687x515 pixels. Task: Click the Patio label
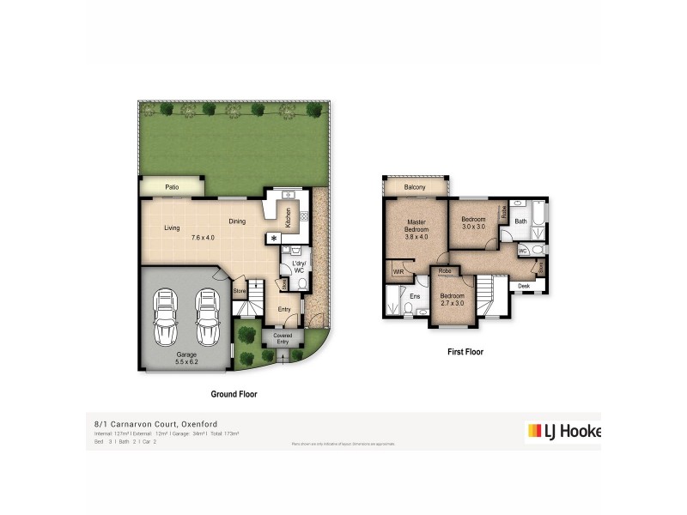coord(171,185)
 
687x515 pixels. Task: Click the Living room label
coord(172,227)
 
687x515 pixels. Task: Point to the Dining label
coord(237,221)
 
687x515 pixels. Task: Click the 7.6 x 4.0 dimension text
coord(203,238)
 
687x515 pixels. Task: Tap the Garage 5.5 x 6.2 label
coord(186,358)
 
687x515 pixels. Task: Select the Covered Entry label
coord(283,339)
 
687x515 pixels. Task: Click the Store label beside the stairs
coord(239,292)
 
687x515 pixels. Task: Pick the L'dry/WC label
coord(299,267)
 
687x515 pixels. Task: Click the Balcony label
coord(416,186)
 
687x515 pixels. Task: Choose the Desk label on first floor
coord(524,286)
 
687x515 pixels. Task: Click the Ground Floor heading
coord(234,394)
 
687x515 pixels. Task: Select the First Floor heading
coord(465,352)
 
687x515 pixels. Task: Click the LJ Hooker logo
coord(562,431)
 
